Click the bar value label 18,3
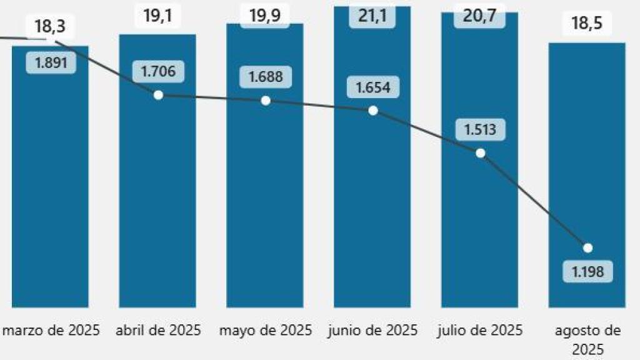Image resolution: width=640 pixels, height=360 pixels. tap(51, 27)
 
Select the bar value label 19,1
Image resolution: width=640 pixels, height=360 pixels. tap(157, 16)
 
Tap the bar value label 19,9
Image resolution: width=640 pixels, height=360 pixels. tap(265, 16)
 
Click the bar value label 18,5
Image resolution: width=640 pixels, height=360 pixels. tap(587, 26)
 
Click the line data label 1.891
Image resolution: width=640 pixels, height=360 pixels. tap(51, 62)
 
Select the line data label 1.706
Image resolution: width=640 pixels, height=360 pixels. tap(158, 71)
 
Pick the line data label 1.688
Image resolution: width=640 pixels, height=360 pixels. tap(266, 77)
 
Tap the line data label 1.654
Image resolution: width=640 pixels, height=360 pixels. tap(373, 87)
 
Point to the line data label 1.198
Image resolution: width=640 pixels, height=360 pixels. tap(587, 271)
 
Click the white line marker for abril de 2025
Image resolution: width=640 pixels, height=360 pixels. tap(158, 95)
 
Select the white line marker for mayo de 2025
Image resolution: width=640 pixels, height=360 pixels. tap(266, 101)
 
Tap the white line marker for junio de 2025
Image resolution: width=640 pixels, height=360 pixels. tap(373, 111)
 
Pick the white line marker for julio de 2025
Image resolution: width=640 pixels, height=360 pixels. tap(480, 153)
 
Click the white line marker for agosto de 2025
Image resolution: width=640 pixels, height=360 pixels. tap(587, 247)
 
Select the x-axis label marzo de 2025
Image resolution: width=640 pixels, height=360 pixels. tap(51, 331)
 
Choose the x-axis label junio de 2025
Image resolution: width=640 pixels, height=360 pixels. tap(372, 331)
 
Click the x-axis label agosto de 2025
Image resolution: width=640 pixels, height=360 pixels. tap(587, 339)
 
